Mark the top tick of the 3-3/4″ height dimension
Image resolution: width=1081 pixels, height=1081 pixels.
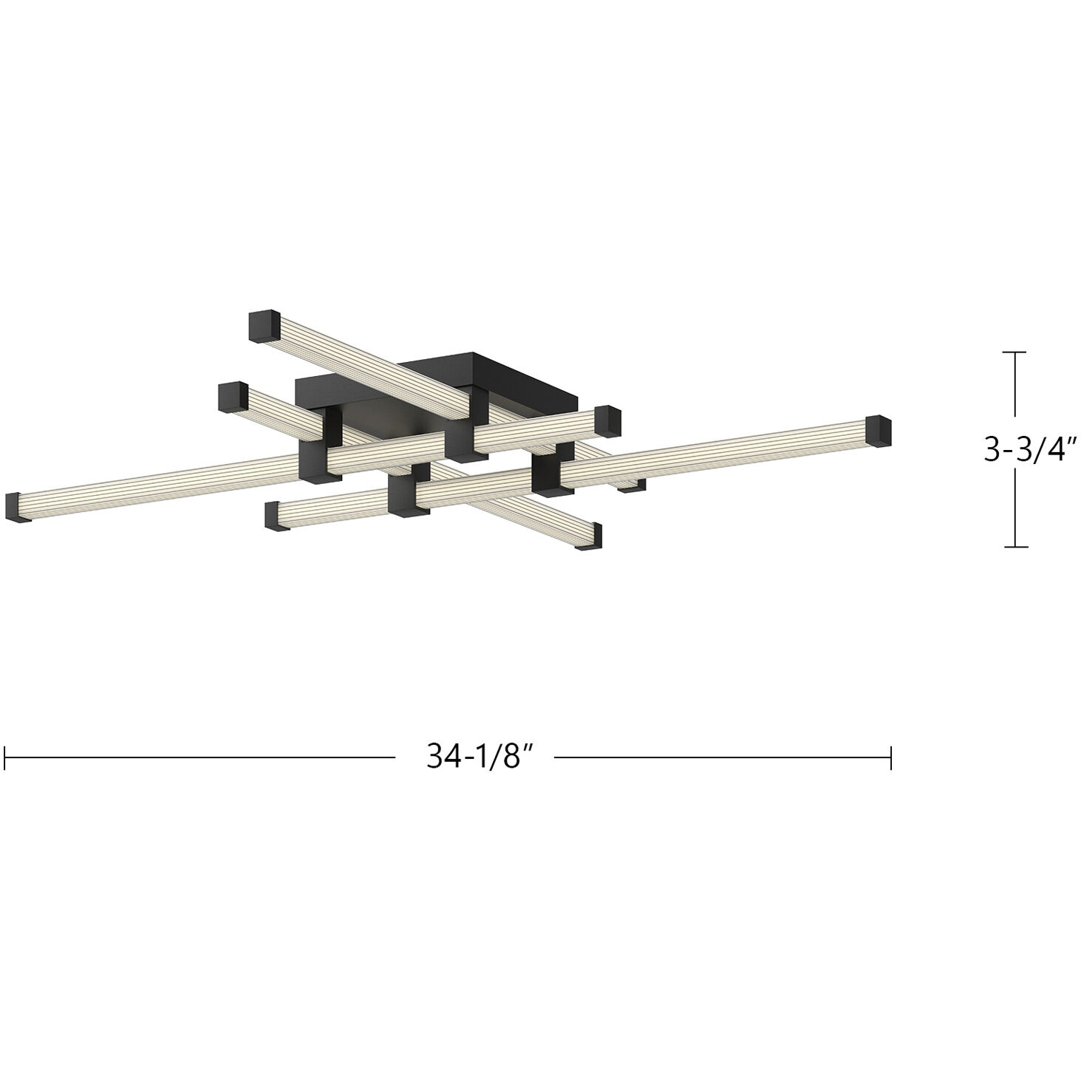pyautogui.click(x=1014, y=352)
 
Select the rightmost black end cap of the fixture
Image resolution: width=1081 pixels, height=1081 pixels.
pyautogui.click(x=879, y=432)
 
